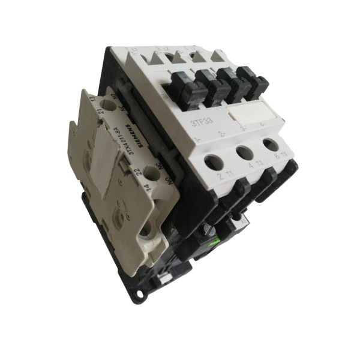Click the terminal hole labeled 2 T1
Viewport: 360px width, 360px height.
[214, 162]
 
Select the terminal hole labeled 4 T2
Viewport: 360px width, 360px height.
[244, 152]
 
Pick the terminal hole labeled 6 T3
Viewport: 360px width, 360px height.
[271, 145]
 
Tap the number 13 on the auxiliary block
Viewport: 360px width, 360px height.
[92, 98]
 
